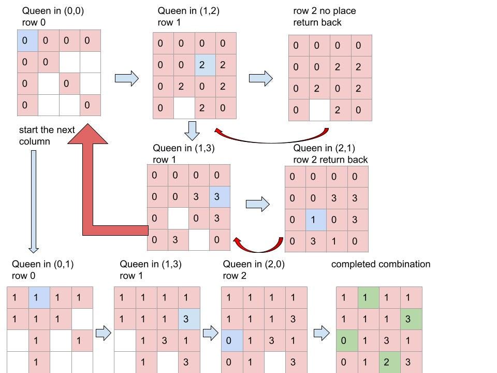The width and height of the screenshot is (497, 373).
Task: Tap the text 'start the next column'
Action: click(47, 135)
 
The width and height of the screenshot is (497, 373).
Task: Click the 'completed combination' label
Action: click(381, 264)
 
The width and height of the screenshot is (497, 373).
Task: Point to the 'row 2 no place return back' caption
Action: click(325, 17)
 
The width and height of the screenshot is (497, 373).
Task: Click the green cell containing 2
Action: click(386, 362)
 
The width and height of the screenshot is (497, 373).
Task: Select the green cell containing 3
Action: click(408, 319)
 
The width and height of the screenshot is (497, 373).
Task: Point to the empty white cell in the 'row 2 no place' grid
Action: click(319, 110)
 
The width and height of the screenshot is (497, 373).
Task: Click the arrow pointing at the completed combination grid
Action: click(321, 333)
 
